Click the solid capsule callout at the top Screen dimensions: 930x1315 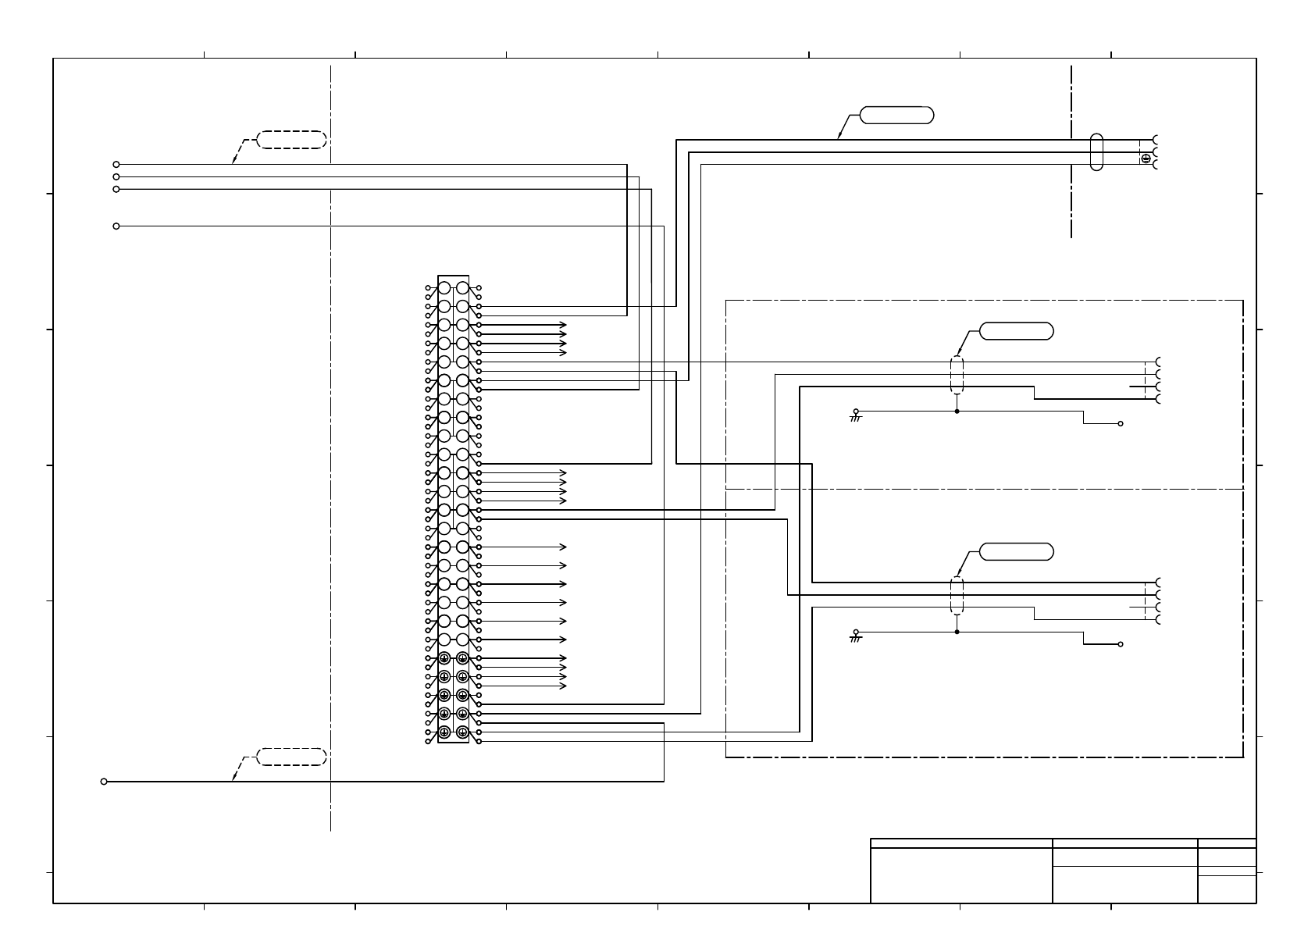[x=896, y=115]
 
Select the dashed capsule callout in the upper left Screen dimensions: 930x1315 [x=291, y=140]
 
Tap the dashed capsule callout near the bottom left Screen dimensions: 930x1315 [x=291, y=757]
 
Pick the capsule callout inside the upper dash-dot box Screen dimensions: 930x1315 [x=1016, y=331]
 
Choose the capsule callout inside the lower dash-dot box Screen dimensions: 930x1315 [x=1016, y=552]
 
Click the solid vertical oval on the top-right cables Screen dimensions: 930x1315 [x=1096, y=152]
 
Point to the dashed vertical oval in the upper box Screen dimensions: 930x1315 [x=957, y=375]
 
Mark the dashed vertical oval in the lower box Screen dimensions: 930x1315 [x=957, y=596]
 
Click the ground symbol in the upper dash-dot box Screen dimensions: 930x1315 [x=856, y=416]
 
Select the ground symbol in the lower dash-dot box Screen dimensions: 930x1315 [x=856, y=637]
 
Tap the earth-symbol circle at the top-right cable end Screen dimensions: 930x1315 [x=1146, y=159]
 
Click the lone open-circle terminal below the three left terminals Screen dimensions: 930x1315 [x=116, y=226]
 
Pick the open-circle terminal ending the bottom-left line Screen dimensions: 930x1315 [x=104, y=781]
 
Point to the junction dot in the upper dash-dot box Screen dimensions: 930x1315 [x=957, y=411]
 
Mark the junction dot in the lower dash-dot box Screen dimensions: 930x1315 [x=957, y=632]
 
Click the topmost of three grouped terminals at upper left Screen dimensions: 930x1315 [x=116, y=165]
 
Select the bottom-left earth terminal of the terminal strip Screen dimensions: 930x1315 [x=444, y=732]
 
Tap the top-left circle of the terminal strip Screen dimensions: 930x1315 [x=444, y=288]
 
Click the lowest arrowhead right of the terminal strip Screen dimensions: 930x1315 [x=563, y=686]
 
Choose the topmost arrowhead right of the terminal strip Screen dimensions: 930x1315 [x=563, y=325]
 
